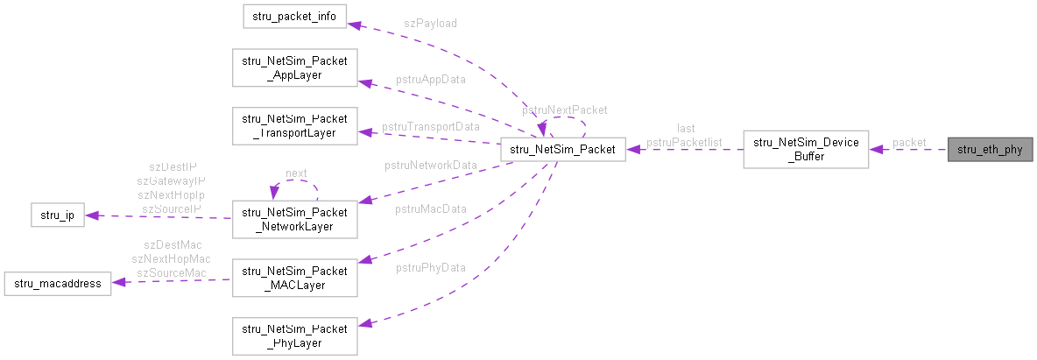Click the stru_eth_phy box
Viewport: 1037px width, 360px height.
point(990,149)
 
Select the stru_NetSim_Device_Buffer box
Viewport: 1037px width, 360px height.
point(806,149)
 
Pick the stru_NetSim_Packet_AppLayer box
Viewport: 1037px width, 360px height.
point(294,68)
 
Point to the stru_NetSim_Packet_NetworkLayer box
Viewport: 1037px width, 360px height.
point(294,218)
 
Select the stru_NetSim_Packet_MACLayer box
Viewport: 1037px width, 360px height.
point(294,275)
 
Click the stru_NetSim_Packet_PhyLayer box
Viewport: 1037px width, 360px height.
point(294,335)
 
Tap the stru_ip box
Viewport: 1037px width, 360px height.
point(56,215)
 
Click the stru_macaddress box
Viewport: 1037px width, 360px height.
point(58,284)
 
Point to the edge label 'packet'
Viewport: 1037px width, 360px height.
point(908,142)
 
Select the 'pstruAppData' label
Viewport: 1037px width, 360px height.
point(430,79)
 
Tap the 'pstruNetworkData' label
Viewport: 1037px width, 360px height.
point(430,165)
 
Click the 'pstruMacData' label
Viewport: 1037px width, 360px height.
point(430,208)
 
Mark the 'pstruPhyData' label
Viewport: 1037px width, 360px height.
point(430,267)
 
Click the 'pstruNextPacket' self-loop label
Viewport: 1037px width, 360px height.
point(564,110)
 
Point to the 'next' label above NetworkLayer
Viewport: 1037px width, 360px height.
point(296,173)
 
